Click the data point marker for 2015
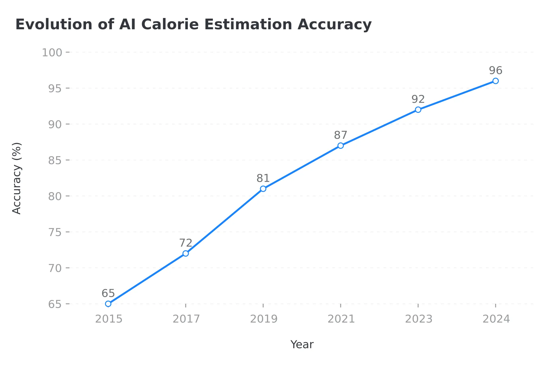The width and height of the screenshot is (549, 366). pos(108,304)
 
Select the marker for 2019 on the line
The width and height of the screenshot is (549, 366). pos(263,189)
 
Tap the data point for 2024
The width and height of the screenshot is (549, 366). pos(496,81)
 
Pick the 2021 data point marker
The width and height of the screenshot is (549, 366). pos(341,146)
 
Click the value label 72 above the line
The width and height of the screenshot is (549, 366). pos(185,243)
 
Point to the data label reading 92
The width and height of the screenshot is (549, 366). pos(418,99)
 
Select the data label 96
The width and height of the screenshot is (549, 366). pos(496,70)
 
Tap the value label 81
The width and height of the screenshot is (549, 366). pos(263,178)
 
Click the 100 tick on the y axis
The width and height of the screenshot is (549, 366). pos(52,52)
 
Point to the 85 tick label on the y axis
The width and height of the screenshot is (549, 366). pos(55,160)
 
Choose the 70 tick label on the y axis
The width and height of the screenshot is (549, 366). pos(55,268)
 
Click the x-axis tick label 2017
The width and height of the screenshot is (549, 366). pos(186,319)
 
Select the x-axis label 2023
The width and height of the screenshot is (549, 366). pos(418,319)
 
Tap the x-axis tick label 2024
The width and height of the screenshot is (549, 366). pos(496,319)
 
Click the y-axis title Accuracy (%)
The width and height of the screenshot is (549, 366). pos(17,178)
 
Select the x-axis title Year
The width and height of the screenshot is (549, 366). pos(302,345)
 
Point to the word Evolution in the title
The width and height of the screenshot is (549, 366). pos(54,24)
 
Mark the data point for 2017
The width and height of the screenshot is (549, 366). pos(186,253)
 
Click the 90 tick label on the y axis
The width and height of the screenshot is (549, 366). pos(55,124)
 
